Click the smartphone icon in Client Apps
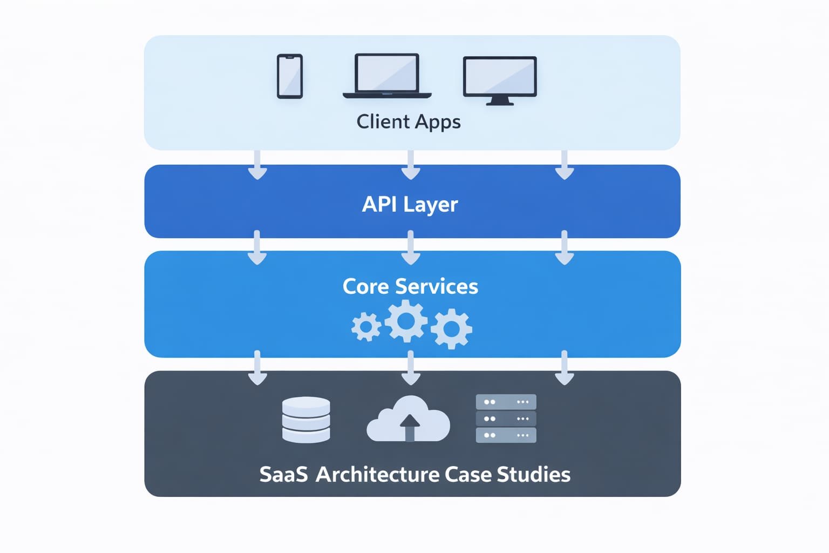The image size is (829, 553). tap(290, 76)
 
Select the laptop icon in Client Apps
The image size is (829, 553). tap(386, 76)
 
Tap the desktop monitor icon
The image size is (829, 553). tap(500, 79)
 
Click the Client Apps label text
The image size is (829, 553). tap(409, 122)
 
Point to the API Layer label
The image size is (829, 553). tap(410, 205)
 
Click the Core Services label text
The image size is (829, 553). tap(410, 286)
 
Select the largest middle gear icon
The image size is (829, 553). tap(406, 321)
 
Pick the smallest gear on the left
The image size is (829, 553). tap(366, 327)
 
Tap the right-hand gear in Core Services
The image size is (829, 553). tap(451, 328)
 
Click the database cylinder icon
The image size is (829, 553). tap(306, 420)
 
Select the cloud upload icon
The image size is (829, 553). tap(408, 420)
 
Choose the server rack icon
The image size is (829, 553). tap(506, 419)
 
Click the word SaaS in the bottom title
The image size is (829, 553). tap(283, 475)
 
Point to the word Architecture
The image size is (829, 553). tap(377, 475)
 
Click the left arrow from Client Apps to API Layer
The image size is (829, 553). tap(257, 165)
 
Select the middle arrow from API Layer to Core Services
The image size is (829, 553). tap(411, 248)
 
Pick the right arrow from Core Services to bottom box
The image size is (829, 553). tap(564, 368)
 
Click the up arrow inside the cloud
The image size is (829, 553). tap(410, 427)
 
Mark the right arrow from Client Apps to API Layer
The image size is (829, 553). tap(564, 165)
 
